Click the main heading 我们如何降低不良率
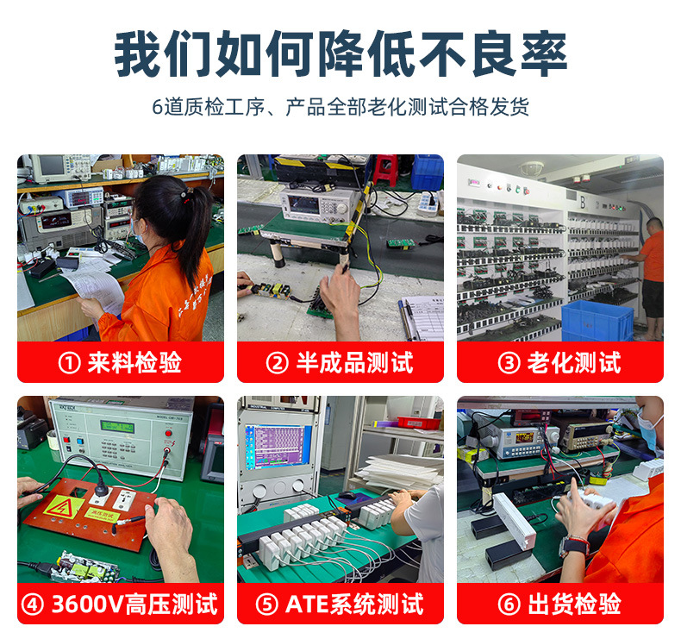click(x=340, y=54)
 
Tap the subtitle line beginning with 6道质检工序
click(x=340, y=107)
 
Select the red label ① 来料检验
click(x=121, y=362)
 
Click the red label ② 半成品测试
click(x=340, y=362)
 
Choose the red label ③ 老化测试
click(x=560, y=362)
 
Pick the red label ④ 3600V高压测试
click(x=121, y=604)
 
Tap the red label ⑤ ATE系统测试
click(x=340, y=604)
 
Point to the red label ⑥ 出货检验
click(x=560, y=604)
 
